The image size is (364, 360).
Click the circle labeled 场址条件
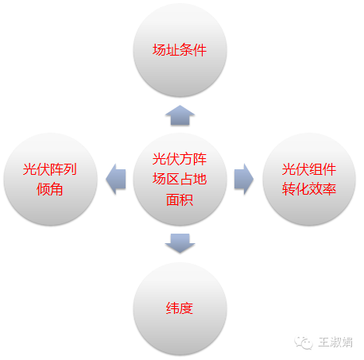point(180,50)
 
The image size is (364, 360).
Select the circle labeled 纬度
point(180,308)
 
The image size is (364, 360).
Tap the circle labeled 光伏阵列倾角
point(50,179)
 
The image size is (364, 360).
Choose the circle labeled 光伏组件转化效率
point(309,179)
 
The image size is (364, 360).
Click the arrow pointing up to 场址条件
point(180,115)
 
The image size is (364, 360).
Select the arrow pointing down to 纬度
point(180,243)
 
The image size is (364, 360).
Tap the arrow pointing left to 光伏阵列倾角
point(115,179)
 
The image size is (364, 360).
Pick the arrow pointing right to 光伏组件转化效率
point(244,179)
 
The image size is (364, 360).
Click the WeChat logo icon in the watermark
point(304,343)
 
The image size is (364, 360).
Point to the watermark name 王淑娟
point(335,343)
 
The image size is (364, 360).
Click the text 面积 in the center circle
point(180,199)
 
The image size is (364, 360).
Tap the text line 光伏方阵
point(180,159)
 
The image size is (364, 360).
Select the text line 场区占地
point(180,179)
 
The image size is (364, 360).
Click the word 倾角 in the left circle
point(50,189)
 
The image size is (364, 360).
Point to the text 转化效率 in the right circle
point(309,189)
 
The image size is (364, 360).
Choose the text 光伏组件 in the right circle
point(309,169)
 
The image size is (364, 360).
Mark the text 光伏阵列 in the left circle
point(50,169)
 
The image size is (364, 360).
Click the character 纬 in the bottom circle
point(172,308)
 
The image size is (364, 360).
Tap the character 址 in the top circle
point(172,50)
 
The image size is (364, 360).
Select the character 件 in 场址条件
point(200,50)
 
